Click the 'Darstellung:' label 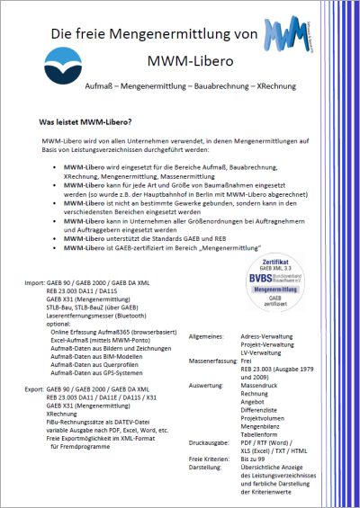[206, 468]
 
